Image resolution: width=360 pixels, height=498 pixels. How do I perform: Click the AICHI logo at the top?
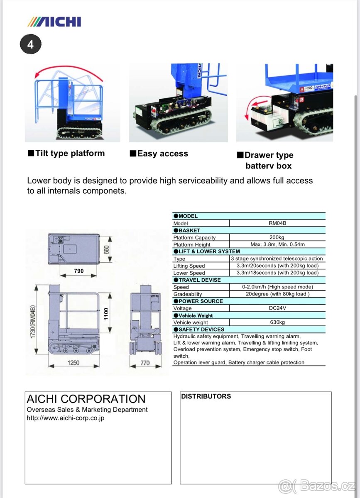[54, 22]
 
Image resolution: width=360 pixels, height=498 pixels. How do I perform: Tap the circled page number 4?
[30, 44]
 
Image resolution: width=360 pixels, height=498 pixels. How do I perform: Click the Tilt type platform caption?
[66, 154]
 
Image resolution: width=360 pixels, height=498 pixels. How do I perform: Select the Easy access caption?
[159, 154]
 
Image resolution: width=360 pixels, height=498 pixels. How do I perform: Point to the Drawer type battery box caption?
[265, 161]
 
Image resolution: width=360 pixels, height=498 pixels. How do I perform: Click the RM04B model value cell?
[277, 223]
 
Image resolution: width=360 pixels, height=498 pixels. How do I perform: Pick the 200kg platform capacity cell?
[277, 237]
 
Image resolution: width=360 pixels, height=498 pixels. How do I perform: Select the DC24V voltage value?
[277, 308]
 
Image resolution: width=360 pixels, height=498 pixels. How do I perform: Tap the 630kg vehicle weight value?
[277, 322]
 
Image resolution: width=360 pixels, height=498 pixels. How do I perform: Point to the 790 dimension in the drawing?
[78, 271]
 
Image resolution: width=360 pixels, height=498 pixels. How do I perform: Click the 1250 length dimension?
[73, 363]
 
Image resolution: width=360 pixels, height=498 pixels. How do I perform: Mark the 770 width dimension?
[145, 363]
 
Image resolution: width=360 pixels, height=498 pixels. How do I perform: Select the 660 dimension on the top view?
[106, 249]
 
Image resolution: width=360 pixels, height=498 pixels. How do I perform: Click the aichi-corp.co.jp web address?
[66, 418]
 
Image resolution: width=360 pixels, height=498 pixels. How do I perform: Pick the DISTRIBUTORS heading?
[206, 396]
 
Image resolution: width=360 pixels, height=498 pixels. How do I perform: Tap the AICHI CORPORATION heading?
[86, 399]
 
